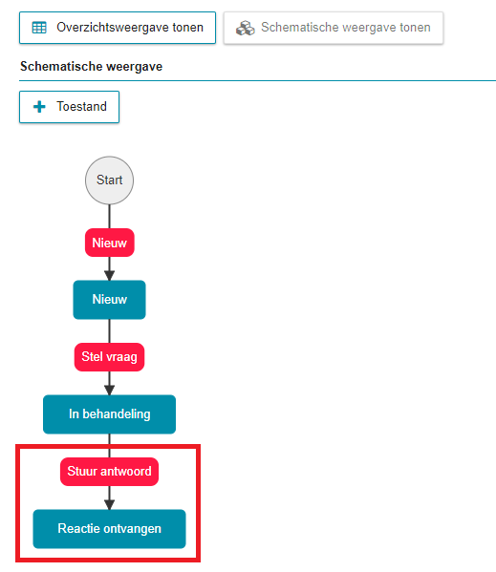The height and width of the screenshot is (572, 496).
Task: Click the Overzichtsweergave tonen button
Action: pos(118,28)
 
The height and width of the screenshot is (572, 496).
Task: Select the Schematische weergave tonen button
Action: pos(334,28)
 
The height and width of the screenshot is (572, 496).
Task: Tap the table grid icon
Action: pos(39,28)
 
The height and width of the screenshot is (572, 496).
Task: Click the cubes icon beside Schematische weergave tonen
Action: pos(246,28)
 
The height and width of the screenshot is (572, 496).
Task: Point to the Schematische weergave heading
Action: pos(91,67)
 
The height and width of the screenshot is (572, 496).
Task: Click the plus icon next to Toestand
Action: pos(39,107)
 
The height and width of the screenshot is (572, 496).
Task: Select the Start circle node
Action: pos(110,180)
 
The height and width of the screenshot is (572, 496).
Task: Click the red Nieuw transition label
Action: pos(110,243)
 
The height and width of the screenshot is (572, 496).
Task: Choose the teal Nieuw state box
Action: pos(110,300)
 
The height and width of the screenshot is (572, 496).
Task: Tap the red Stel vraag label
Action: pos(110,357)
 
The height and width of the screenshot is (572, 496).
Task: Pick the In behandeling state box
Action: pos(110,414)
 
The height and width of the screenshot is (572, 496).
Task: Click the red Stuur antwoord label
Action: pos(110,472)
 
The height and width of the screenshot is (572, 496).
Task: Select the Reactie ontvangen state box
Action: pos(110,529)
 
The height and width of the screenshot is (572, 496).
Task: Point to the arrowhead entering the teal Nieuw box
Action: pos(110,275)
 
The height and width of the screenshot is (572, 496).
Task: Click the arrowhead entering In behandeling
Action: pos(110,390)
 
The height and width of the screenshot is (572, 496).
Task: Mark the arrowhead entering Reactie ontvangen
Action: pos(110,504)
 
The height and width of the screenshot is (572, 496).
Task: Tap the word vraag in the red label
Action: pos(122,357)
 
